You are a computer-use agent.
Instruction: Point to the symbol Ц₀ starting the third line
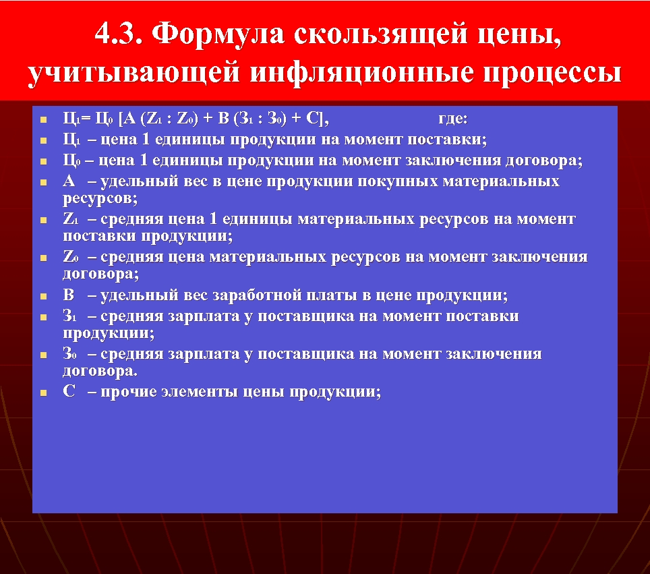click(71, 161)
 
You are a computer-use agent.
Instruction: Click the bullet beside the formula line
click(42, 120)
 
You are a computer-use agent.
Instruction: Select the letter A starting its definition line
click(69, 181)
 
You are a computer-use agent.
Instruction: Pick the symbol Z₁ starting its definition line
click(71, 219)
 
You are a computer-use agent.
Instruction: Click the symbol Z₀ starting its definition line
click(71, 257)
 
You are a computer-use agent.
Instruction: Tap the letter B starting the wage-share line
click(69, 295)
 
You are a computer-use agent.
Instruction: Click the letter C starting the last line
click(69, 392)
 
